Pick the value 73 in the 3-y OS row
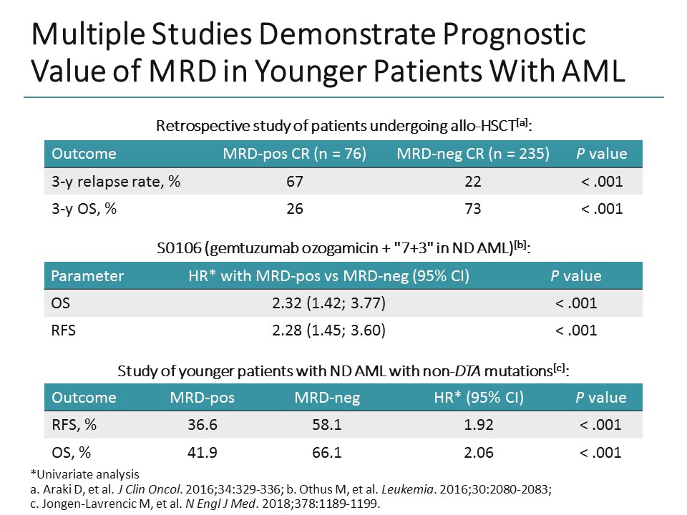[x=472, y=209]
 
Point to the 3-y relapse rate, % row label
[x=112, y=182]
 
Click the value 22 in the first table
[x=472, y=182]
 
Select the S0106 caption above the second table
[x=343, y=247]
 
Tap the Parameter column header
[x=87, y=275]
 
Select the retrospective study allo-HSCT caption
[x=343, y=126]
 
